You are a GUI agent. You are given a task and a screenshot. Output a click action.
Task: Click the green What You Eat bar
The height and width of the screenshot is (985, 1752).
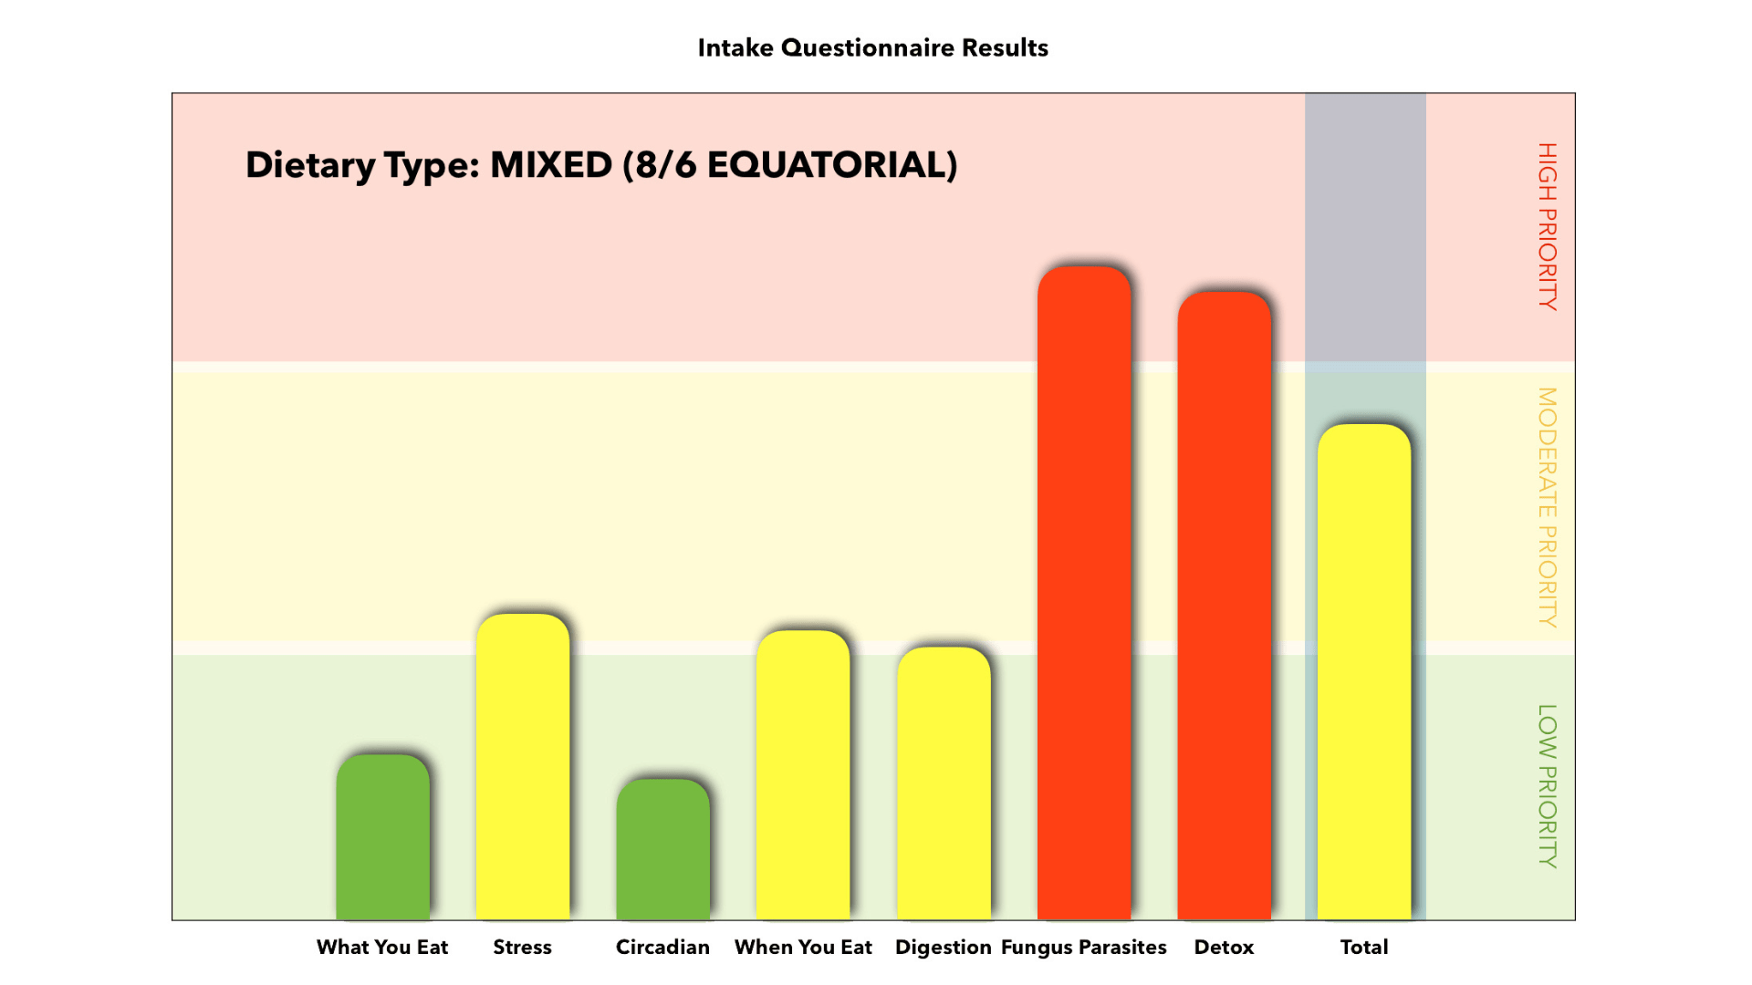[382, 837]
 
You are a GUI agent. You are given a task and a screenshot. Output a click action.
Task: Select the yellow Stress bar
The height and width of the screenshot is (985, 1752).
[523, 767]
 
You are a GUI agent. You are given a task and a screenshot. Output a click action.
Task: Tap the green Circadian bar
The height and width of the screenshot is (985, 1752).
[663, 849]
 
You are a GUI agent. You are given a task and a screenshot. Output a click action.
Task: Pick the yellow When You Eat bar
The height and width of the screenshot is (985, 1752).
[803, 775]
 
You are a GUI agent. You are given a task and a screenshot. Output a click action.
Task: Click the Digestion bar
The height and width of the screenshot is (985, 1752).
[944, 783]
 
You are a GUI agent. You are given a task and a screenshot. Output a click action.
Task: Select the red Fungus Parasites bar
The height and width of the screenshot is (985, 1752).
[1084, 593]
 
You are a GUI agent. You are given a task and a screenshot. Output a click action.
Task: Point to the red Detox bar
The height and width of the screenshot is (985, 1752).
[1225, 606]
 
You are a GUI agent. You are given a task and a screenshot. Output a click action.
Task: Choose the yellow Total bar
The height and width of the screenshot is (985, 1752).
[1364, 672]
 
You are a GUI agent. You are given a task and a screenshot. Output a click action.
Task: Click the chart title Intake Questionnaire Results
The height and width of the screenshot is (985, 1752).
[873, 47]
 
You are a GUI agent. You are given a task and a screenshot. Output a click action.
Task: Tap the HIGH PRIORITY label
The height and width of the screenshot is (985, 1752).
[1548, 226]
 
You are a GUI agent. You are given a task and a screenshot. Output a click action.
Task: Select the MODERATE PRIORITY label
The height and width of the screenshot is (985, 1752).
[1548, 507]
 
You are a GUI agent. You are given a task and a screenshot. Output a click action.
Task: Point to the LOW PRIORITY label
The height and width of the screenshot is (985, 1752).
[1548, 786]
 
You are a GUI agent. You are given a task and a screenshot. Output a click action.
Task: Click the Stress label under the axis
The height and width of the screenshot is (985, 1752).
[523, 947]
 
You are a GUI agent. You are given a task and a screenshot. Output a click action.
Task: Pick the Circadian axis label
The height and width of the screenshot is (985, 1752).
[663, 947]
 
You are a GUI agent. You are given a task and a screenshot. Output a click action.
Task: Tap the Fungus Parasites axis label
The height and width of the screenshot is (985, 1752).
[1084, 948]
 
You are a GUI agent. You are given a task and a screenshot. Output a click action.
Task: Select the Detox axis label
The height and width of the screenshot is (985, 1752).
[1225, 947]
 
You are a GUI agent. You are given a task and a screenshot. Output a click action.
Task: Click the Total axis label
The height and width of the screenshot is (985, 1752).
[1364, 947]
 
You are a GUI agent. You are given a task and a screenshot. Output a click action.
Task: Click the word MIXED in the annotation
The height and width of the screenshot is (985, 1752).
[551, 165]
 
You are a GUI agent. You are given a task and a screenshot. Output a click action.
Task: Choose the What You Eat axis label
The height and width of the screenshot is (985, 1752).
[382, 947]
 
